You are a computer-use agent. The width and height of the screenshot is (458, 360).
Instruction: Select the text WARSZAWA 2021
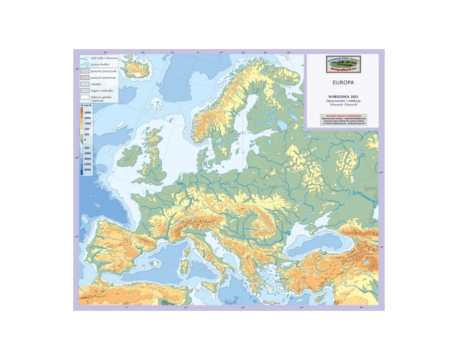tap(343, 96)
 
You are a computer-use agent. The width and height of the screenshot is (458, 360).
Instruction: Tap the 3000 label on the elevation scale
tap(88, 113)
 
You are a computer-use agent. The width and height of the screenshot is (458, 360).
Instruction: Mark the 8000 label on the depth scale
tap(88, 169)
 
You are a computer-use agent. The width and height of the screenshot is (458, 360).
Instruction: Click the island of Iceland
tap(135, 66)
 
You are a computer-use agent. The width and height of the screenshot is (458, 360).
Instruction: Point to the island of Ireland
tap(129, 155)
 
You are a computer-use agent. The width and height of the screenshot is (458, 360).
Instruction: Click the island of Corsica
tap(185, 236)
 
